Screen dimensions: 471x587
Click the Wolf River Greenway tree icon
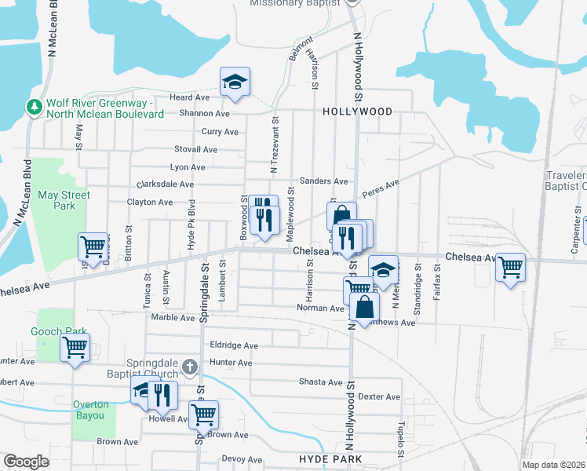click(34, 106)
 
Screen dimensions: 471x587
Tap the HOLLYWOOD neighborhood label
click(357, 112)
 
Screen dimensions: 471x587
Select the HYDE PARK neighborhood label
click(330, 458)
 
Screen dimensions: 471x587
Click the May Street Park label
click(64, 200)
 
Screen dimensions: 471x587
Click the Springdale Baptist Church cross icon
click(189, 367)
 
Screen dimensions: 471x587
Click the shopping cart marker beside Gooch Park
click(75, 346)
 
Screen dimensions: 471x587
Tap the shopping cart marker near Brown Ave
click(203, 413)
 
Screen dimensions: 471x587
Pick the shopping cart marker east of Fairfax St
click(510, 268)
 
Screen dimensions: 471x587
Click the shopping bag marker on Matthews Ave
click(366, 306)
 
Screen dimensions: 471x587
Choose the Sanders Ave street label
click(323, 181)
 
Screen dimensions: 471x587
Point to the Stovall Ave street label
click(195, 149)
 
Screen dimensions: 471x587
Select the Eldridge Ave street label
click(233, 345)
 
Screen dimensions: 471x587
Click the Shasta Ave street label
click(320, 382)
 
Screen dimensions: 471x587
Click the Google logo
click(27, 462)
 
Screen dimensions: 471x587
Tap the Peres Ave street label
click(381, 189)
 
